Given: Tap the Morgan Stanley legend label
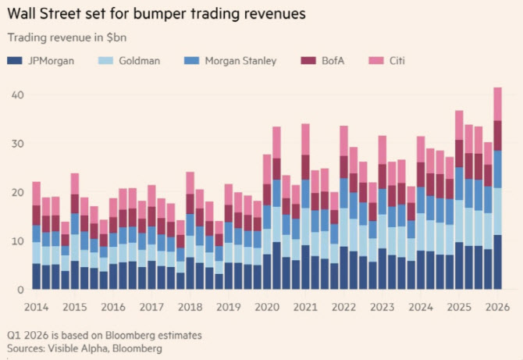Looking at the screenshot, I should click(239, 61).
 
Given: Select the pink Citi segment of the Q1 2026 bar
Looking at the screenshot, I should click(497, 103).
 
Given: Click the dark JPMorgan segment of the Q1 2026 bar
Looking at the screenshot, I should click(497, 262).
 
